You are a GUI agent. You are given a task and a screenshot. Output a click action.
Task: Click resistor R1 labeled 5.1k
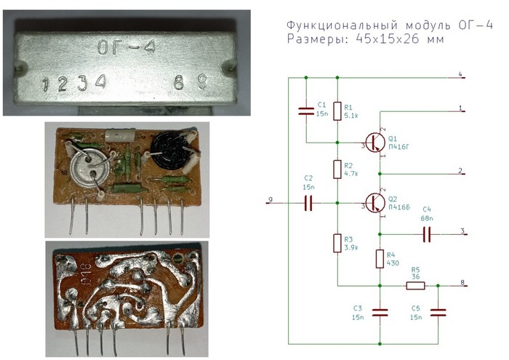pyautogui.click(x=337, y=111)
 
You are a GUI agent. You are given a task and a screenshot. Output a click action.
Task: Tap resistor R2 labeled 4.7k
pyautogui.click(x=337, y=170)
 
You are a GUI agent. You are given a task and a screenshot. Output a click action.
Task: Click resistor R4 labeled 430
pyautogui.click(x=380, y=259)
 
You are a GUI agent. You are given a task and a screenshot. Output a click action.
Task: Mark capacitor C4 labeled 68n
pyautogui.click(x=427, y=234)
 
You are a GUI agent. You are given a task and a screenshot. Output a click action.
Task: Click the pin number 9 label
pyautogui.click(x=270, y=199)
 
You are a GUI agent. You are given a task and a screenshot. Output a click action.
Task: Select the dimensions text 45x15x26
pyautogui.click(x=392, y=40)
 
